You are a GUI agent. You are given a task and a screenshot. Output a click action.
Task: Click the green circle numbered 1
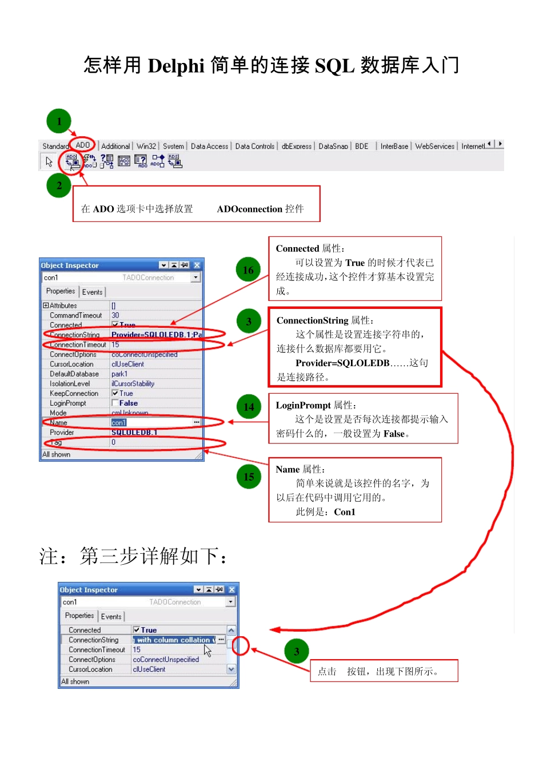[x=59, y=121]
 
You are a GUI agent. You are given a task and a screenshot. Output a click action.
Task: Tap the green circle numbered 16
[x=248, y=270]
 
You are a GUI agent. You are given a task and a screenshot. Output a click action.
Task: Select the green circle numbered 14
[x=249, y=407]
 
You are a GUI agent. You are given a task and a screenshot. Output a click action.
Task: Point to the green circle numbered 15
[x=249, y=477]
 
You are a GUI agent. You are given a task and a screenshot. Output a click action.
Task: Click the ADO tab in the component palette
[x=83, y=145]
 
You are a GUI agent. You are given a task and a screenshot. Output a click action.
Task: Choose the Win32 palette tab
[x=146, y=146]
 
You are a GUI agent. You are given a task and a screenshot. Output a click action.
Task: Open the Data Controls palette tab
[x=254, y=146]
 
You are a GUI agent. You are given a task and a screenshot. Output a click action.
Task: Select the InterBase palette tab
[x=394, y=146]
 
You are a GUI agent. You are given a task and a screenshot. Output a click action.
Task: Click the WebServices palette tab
[x=434, y=146]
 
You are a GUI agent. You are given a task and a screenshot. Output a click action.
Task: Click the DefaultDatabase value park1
[x=119, y=374]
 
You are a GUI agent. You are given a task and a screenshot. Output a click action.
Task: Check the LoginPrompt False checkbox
[x=115, y=403]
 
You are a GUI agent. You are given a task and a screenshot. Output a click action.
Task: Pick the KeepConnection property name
[x=74, y=394]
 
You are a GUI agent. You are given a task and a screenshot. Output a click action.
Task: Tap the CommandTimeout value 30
[x=115, y=315]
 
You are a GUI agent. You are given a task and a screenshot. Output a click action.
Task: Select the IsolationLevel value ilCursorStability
[x=133, y=384]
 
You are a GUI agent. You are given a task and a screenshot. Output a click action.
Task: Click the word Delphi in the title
[x=176, y=66]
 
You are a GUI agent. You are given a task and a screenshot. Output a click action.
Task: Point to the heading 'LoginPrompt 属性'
[x=316, y=406]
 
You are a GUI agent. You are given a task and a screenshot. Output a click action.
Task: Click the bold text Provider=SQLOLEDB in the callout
[x=342, y=363]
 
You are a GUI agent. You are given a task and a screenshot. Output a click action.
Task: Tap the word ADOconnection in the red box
[x=249, y=209]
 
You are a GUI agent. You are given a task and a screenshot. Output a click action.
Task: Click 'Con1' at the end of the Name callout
[x=345, y=512]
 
